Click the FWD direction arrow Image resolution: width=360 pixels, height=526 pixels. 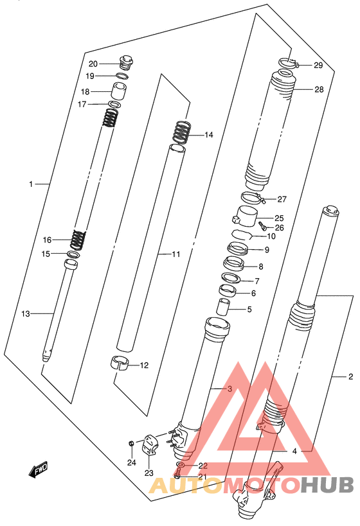coord(39,469)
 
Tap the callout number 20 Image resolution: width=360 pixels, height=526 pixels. coord(93,64)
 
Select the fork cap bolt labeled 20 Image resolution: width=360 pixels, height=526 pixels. coord(126,63)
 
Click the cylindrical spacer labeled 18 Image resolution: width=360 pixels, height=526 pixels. coord(119,91)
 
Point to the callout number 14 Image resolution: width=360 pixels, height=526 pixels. coord(209,135)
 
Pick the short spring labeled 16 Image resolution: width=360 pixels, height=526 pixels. coord(78,240)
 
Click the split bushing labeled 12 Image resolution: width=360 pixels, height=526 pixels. coord(120,363)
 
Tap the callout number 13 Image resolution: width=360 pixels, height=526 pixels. coord(26,313)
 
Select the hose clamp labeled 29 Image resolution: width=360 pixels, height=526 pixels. coord(289,63)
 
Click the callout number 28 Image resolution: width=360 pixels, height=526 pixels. coord(319,89)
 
